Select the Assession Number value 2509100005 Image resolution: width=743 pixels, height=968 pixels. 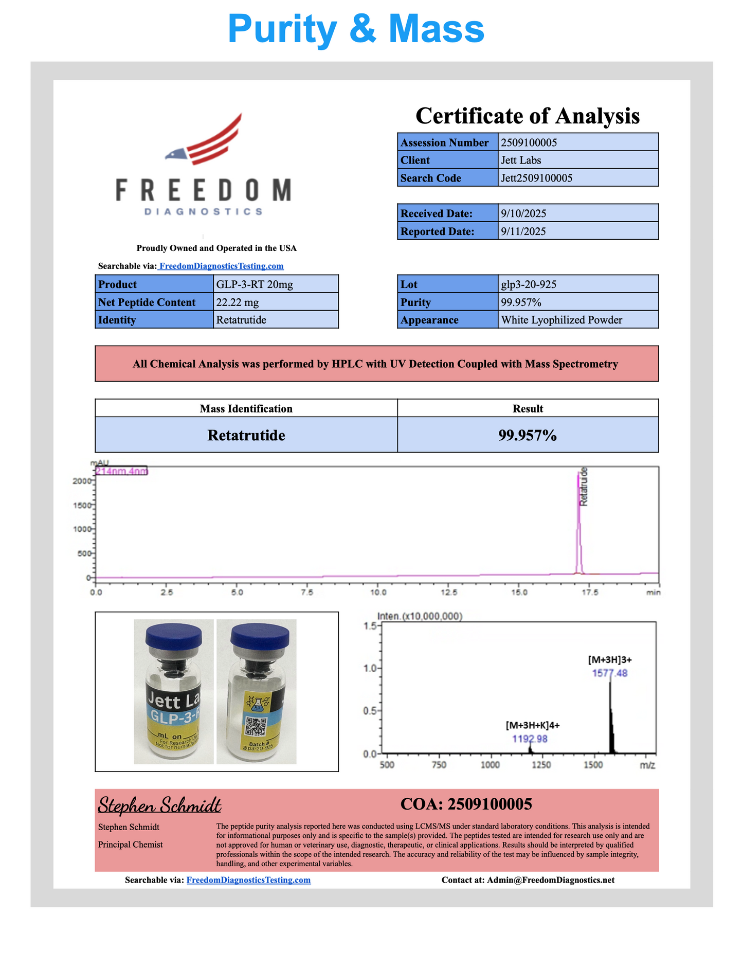pyautogui.click(x=529, y=142)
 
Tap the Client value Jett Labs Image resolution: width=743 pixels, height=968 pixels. pyautogui.click(x=521, y=160)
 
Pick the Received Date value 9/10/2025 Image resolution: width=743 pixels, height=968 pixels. pyautogui.click(x=523, y=213)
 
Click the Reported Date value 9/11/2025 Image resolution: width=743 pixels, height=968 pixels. pyautogui.click(x=523, y=231)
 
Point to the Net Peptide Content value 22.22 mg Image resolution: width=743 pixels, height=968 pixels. pyautogui.click(x=237, y=302)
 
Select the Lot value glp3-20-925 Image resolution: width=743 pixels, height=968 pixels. pyautogui.click(x=529, y=284)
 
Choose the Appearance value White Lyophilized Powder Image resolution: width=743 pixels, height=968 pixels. pyautogui.click(x=561, y=320)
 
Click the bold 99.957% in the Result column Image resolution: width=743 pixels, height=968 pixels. pyautogui.click(x=528, y=435)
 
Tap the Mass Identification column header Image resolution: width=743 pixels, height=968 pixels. pyautogui.click(x=246, y=409)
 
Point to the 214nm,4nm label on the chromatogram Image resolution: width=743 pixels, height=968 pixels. pyautogui.click(x=122, y=471)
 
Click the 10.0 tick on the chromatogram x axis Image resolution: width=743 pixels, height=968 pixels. pyautogui.click(x=378, y=593)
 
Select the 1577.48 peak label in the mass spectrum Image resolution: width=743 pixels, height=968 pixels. pyautogui.click(x=610, y=673)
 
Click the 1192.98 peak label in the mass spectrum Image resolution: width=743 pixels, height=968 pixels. pyautogui.click(x=530, y=739)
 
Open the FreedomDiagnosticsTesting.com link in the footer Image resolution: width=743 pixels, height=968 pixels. pyautogui.click(x=248, y=880)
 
